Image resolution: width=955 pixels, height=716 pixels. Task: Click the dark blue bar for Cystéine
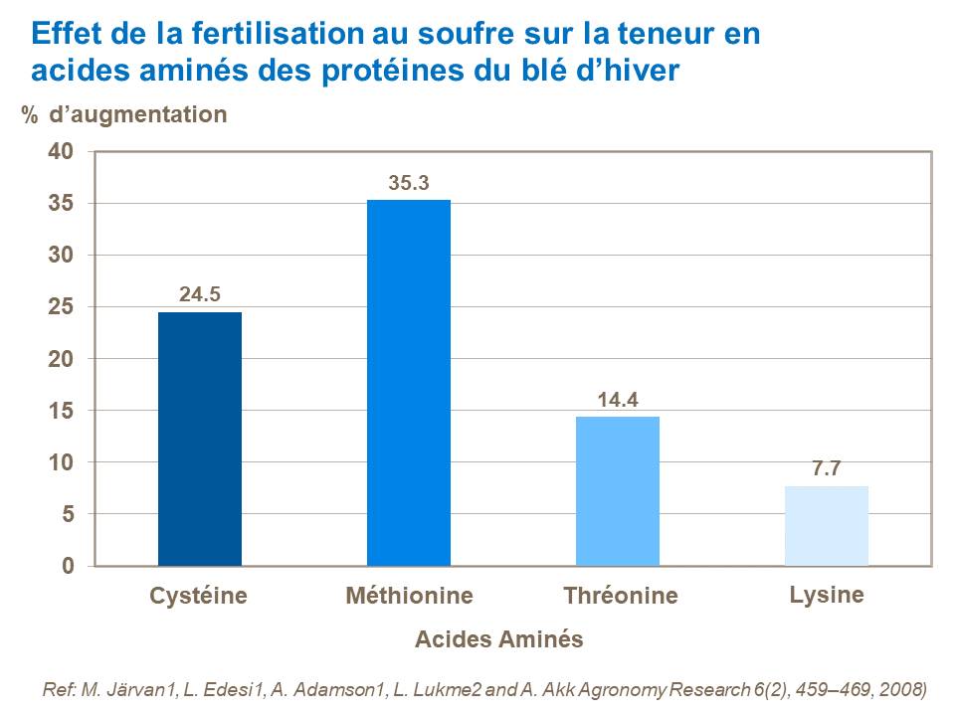pyautogui.click(x=199, y=439)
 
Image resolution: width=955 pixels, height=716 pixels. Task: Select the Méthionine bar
pyautogui.click(x=408, y=383)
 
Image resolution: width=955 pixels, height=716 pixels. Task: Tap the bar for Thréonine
pyautogui.click(x=617, y=491)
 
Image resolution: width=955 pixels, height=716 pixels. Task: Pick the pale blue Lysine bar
pyautogui.click(x=826, y=526)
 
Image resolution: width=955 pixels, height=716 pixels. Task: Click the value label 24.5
pyautogui.click(x=199, y=295)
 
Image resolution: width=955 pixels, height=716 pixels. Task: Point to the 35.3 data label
pyautogui.click(x=408, y=183)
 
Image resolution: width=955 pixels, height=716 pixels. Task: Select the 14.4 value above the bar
pyautogui.click(x=617, y=400)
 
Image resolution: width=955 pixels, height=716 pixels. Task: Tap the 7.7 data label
pyautogui.click(x=826, y=469)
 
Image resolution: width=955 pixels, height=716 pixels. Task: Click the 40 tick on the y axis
pyautogui.click(x=62, y=152)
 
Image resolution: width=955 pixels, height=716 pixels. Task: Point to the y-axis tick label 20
pyautogui.click(x=62, y=359)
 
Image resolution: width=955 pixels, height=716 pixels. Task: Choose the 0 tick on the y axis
pyautogui.click(x=68, y=566)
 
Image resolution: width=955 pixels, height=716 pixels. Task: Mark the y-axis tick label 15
pyautogui.click(x=62, y=411)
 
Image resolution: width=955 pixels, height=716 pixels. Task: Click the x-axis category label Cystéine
pyautogui.click(x=199, y=597)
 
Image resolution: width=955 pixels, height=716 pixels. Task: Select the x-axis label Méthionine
pyautogui.click(x=409, y=597)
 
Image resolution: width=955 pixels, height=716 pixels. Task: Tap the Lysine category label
pyautogui.click(x=826, y=596)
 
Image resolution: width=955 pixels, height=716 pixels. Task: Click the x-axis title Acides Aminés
pyautogui.click(x=498, y=639)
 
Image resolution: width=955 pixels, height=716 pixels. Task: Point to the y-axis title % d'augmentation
pyautogui.click(x=124, y=114)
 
